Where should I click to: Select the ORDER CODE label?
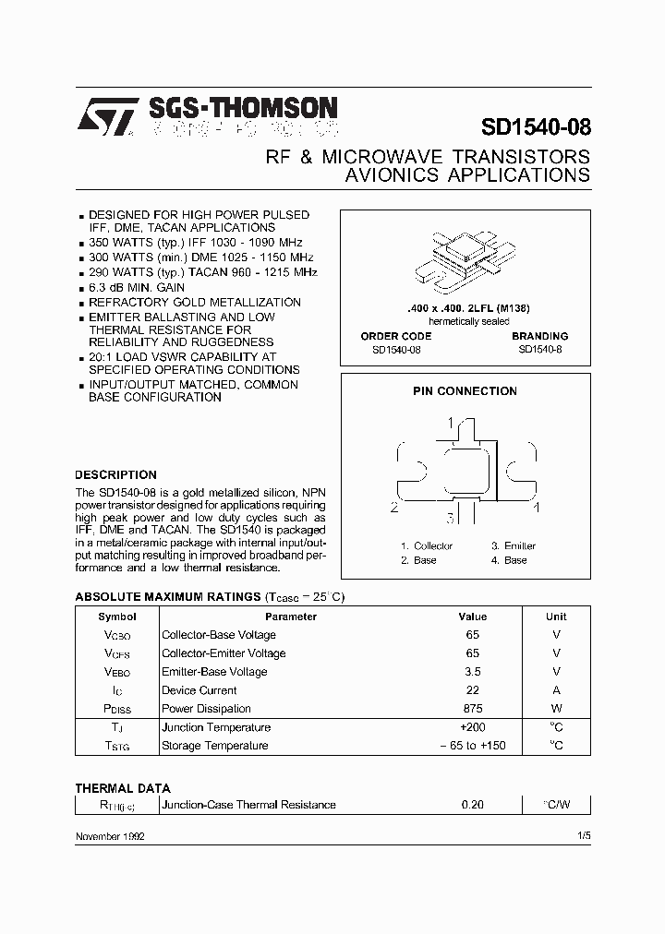(395, 336)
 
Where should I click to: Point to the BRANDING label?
(539, 336)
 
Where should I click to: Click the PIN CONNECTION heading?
(465, 391)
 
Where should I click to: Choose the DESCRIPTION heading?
(115, 475)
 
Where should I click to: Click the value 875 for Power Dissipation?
(472, 709)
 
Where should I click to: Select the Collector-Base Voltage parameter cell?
(219, 635)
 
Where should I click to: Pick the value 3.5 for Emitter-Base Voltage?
(472, 672)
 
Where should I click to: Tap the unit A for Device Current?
(556, 690)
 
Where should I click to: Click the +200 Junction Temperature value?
(472, 727)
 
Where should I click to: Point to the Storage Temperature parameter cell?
(215, 746)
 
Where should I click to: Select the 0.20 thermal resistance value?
(472, 805)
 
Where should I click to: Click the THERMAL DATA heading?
(122, 788)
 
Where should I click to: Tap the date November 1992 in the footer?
(109, 835)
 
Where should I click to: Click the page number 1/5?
(583, 835)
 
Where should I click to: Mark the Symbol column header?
(117, 617)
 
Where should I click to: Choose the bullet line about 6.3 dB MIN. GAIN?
(137, 288)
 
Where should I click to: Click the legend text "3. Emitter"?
(513, 546)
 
